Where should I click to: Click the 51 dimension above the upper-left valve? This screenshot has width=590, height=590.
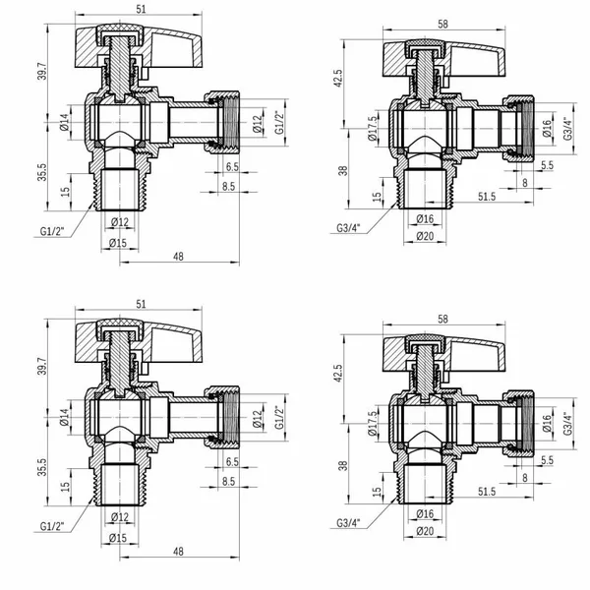141,9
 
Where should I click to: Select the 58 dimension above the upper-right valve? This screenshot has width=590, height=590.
442,24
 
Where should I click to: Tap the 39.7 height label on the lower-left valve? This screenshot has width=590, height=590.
42,366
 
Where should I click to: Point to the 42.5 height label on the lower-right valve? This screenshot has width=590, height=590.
338,373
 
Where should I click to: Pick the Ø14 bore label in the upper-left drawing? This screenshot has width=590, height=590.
65,122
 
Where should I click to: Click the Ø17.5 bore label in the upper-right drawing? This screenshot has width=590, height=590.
373,128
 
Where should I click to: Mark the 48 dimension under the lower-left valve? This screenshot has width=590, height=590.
178,552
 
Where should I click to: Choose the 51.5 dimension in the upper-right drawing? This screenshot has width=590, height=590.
487,197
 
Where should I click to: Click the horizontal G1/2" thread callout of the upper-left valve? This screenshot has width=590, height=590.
52,231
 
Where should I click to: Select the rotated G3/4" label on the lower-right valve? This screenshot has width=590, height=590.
567,424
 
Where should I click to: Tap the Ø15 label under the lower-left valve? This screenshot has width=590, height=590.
118,538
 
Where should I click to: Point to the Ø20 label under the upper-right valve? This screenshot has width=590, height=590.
425,236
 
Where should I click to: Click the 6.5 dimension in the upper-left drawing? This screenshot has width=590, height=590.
232,166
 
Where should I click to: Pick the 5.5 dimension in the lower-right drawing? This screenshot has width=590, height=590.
547,460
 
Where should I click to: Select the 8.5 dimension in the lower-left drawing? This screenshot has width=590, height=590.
228,481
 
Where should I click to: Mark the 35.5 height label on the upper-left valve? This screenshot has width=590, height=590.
42,172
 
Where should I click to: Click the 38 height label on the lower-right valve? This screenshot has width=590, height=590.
343,466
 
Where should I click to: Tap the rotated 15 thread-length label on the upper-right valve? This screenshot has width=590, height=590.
377,197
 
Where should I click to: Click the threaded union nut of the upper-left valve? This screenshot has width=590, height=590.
223,122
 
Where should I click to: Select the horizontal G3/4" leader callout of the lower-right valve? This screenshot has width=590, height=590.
348,522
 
